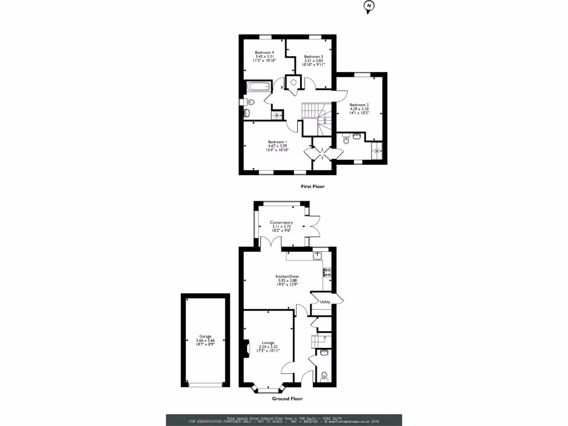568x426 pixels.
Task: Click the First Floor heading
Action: click(x=312, y=187)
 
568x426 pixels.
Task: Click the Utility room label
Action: click(x=325, y=302)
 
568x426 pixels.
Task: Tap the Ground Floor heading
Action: click(x=287, y=398)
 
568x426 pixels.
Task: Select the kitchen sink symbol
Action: click(x=317, y=256)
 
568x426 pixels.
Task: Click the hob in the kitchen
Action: click(x=327, y=272)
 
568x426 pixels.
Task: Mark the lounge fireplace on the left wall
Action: click(x=245, y=348)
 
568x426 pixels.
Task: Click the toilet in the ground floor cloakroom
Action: click(x=324, y=377)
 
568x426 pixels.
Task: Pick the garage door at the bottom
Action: click(x=206, y=384)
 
